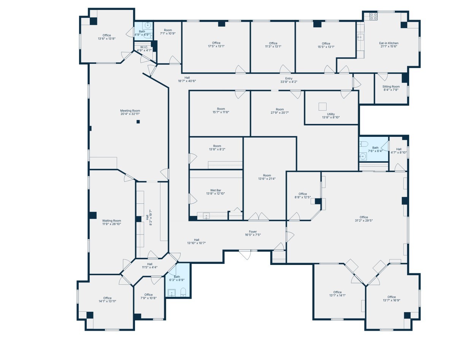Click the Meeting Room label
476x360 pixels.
pyautogui.click(x=130, y=111)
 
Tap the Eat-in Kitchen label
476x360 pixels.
pyautogui.click(x=389, y=43)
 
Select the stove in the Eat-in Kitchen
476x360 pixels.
pyautogui.click(x=373, y=16)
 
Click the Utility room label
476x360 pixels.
pyautogui.click(x=331, y=114)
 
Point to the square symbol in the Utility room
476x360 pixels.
pyautogui.click(x=322, y=106)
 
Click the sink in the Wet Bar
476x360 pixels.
pyautogui.click(x=206, y=216)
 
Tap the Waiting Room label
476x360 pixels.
pyautogui.click(x=111, y=220)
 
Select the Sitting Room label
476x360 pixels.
pyautogui.click(x=391, y=87)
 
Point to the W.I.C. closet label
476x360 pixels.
pyautogui.click(x=143, y=47)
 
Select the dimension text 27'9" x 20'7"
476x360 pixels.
pyautogui.click(x=279, y=113)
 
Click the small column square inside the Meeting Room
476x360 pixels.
pyautogui.click(x=138, y=122)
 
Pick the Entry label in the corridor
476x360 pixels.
pyautogui.click(x=289, y=78)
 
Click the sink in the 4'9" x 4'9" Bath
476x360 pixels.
pyautogui.click(x=149, y=25)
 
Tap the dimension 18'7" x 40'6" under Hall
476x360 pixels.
pyautogui.click(x=187, y=81)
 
